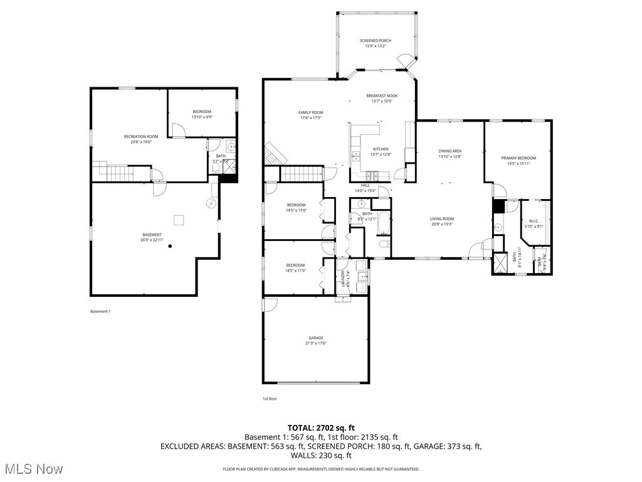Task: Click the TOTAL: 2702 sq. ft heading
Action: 320,427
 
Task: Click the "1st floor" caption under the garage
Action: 270,399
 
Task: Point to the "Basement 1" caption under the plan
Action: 100,311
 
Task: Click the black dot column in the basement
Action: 169,247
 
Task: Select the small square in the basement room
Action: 179,219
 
